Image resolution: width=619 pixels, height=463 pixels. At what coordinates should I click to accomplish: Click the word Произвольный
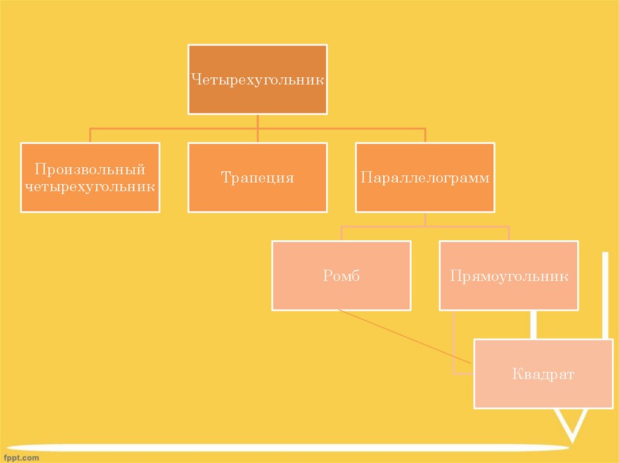click(x=90, y=168)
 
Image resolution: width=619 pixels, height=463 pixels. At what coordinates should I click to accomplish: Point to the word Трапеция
click(x=258, y=178)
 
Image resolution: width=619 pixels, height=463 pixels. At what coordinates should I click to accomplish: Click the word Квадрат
click(x=543, y=374)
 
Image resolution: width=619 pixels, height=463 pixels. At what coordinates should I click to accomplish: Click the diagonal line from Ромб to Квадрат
click(x=405, y=336)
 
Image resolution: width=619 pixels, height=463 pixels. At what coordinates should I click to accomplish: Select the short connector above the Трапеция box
click(x=258, y=135)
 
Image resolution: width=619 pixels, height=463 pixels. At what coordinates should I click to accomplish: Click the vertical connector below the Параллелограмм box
click(x=425, y=219)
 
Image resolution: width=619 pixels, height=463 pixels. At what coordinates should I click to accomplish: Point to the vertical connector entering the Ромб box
click(x=342, y=234)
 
